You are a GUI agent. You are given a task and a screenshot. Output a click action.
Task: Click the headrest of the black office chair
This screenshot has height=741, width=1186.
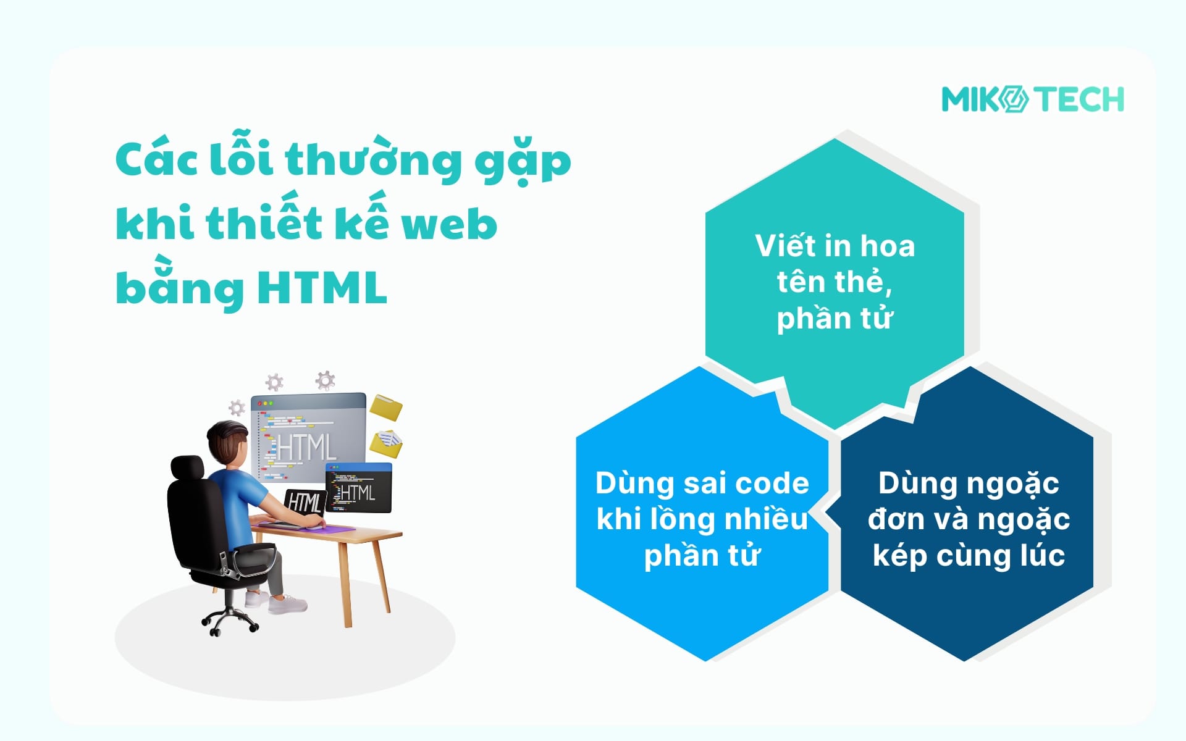coord(188,469)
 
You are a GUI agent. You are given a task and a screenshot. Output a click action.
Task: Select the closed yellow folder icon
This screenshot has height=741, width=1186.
coord(386,408)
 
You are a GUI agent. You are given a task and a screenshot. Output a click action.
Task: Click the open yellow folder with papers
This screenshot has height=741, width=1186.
coord(386,443)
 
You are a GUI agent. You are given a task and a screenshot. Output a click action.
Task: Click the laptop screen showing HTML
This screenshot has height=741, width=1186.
coord(305,502)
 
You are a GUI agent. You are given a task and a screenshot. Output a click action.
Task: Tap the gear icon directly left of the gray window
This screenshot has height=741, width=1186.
coord(237,408)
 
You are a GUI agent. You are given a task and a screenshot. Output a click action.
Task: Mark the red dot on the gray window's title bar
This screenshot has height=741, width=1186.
coord(259,403)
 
